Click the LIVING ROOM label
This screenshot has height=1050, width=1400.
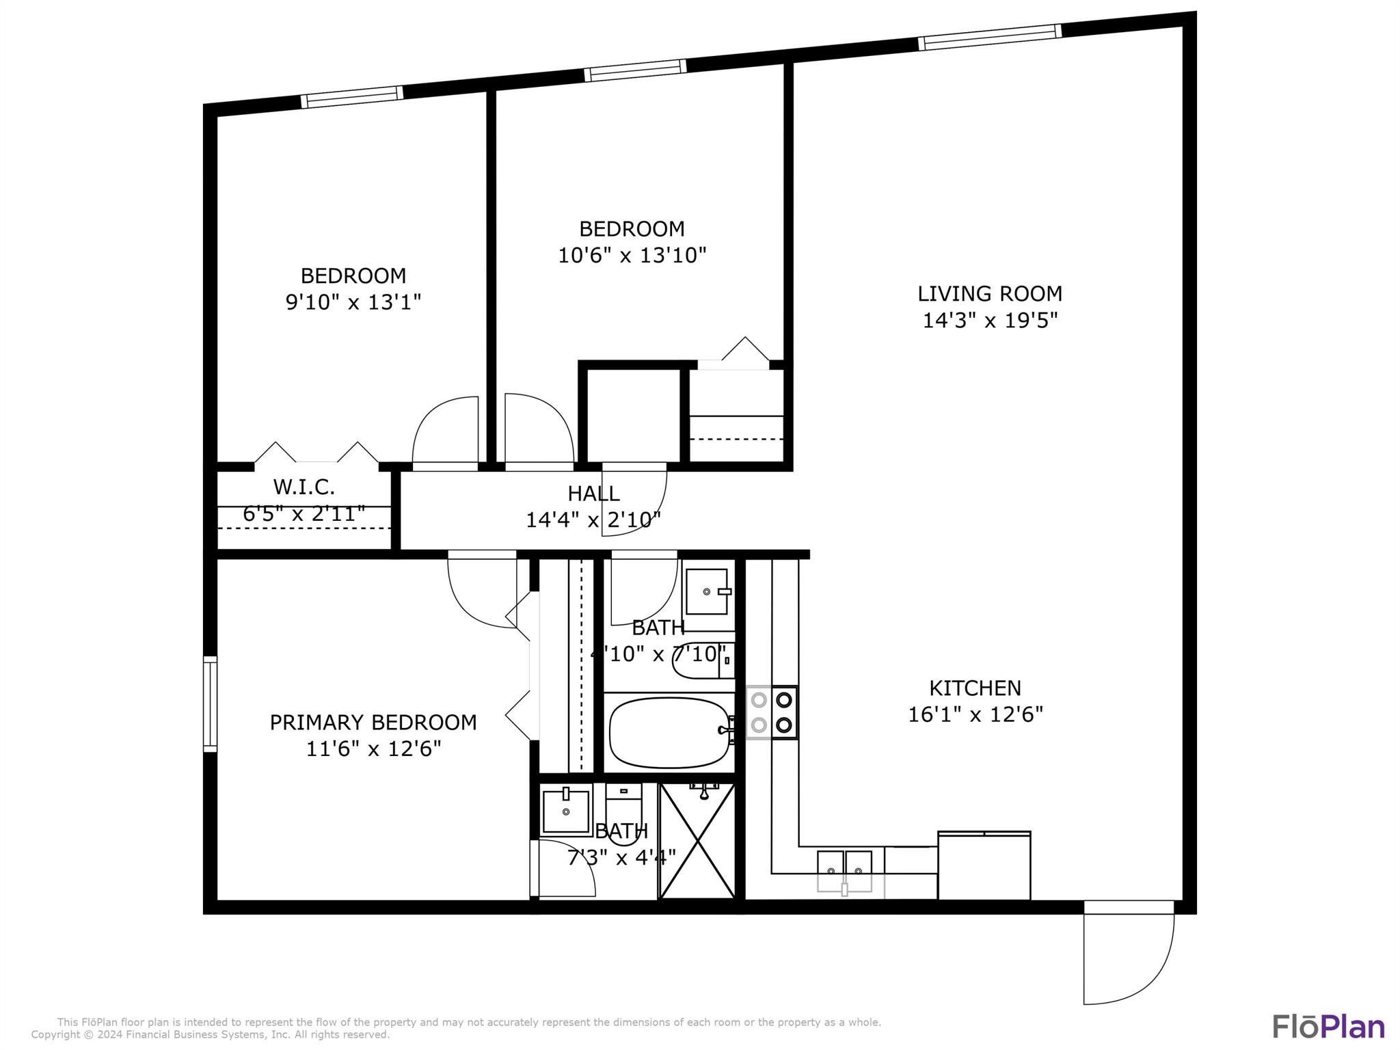[x=989, y=294]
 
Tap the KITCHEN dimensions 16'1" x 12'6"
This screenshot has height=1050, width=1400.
[x=975, y=714]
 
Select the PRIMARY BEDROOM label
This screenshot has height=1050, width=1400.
[x=373, y=723]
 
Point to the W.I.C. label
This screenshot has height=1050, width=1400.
[x=304, y=487]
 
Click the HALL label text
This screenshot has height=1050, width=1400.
[x=593, y=494]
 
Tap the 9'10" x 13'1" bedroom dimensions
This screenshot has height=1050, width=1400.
[x=353, y=302]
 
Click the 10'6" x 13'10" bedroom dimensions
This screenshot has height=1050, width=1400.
[x=632, y=256]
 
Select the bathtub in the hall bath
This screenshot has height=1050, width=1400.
[x=669, y=733]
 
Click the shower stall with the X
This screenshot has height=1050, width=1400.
[x=697, y=841]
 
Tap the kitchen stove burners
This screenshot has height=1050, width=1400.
[x=772, y=712]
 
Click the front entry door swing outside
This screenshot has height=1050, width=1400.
[x=1128, y=957]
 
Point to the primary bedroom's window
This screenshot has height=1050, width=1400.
[x=210, y=704]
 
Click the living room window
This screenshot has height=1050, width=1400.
[x=989, y=37]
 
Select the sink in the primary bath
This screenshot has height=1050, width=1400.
[x=565, y=811]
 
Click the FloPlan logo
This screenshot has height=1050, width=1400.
[x=1328, y=1027]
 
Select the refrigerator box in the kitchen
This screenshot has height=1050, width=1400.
[x=984, y=865]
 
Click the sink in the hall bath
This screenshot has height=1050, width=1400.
[x=708, y=591]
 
